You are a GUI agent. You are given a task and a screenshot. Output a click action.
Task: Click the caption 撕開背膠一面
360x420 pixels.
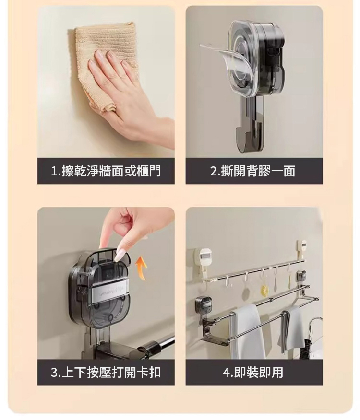click(x=258, y=171)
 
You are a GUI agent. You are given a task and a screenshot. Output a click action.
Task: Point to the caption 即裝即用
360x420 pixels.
click(x=258, y=373)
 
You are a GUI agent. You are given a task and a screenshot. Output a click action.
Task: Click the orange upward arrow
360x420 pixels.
click(x=142, y=268)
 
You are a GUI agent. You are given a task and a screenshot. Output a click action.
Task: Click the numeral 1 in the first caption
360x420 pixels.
click(x=54, y=171)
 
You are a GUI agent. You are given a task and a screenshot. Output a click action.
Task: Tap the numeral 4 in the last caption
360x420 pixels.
click(x=226, y=373)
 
